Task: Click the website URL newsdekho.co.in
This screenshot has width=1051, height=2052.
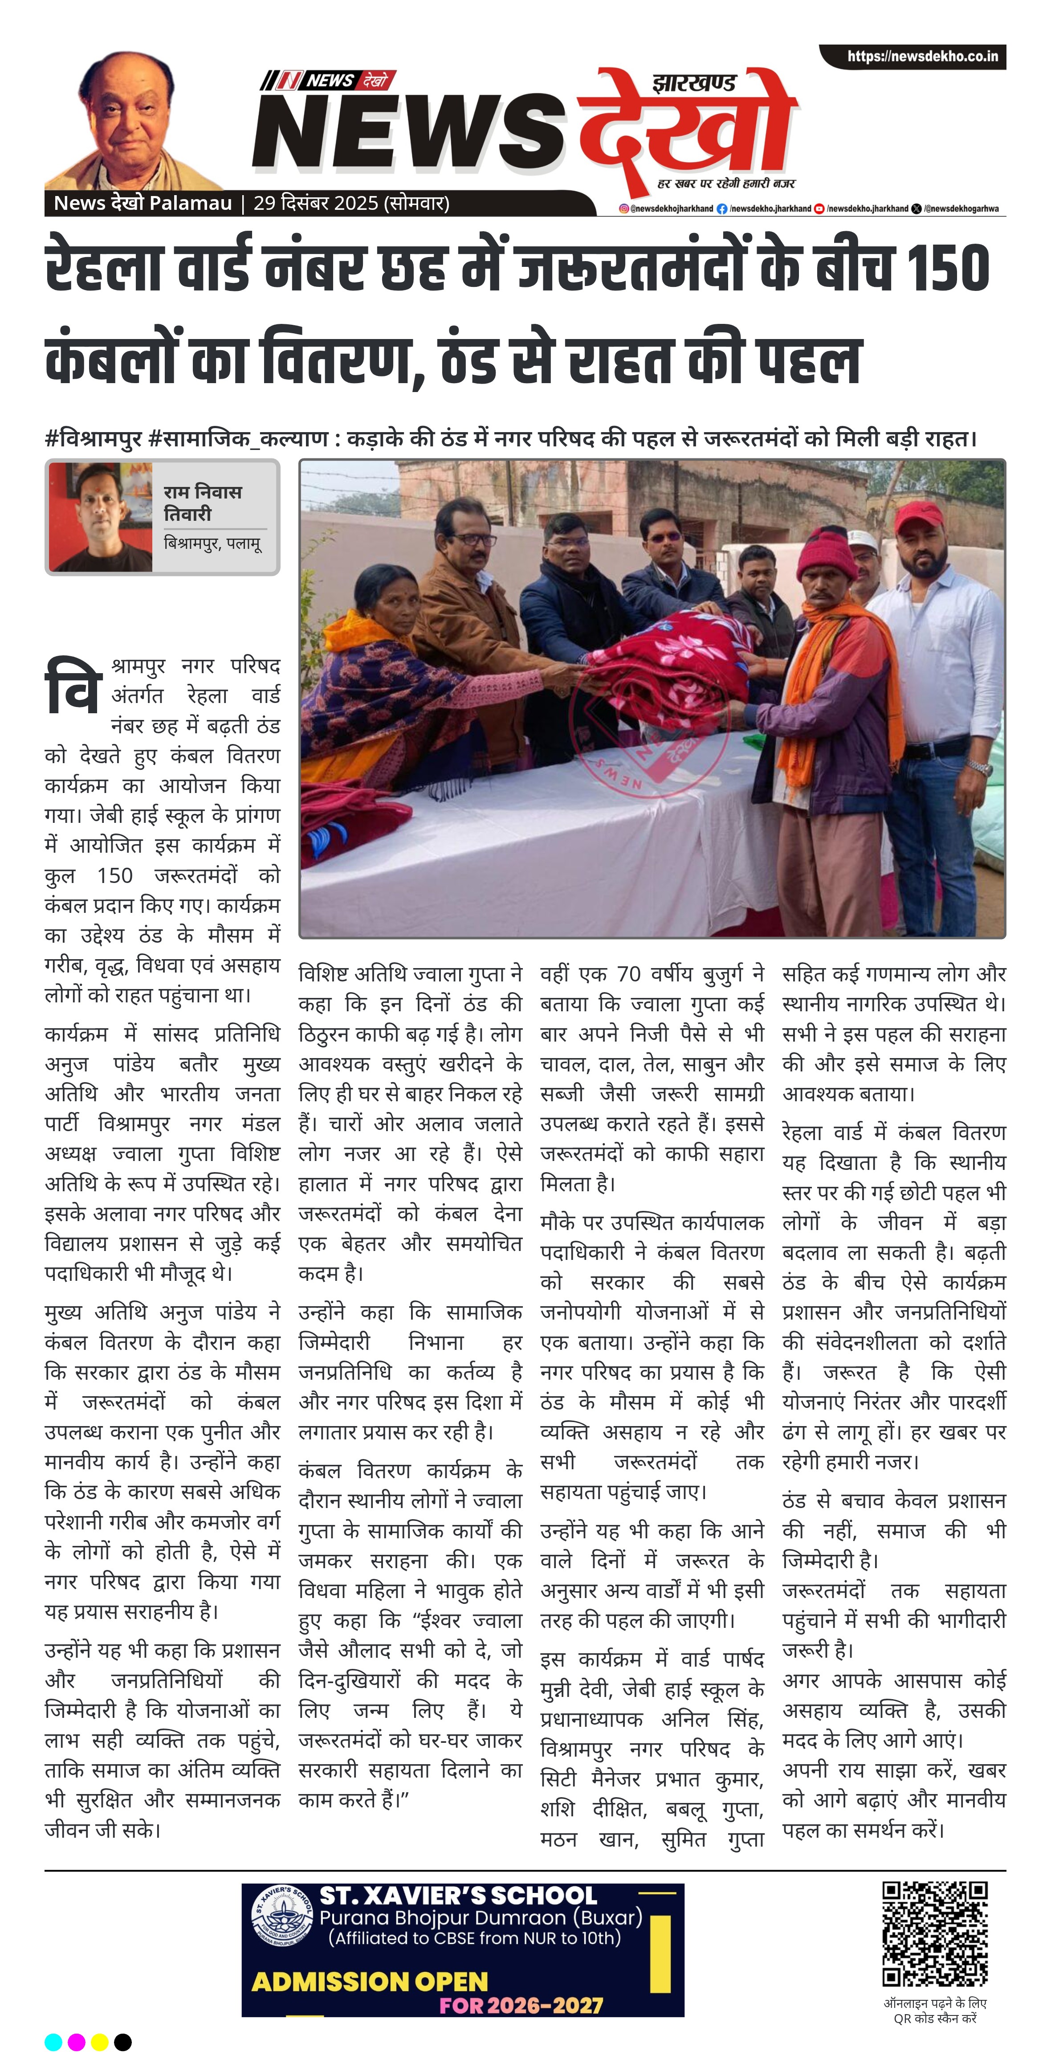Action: (921, 57)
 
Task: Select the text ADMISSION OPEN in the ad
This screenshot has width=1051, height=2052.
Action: (370, 1981)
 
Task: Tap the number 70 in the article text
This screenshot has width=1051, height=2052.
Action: (628, 974)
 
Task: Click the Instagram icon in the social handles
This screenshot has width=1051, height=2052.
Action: (624, 208)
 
